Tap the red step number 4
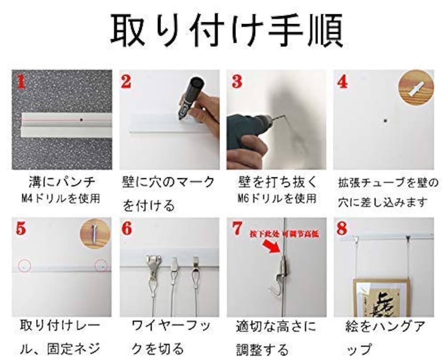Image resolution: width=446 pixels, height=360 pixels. (343, 82)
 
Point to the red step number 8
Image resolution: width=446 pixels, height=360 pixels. (342, 229)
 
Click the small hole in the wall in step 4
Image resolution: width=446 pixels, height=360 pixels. (385, 121)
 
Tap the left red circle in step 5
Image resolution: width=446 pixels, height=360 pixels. (24, 266)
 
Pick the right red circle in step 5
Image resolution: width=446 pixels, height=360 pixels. (102, 266)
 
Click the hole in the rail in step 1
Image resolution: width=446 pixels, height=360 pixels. (82, 120)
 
